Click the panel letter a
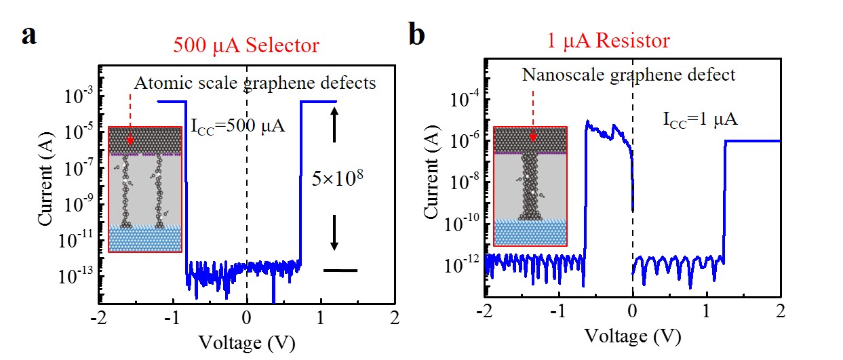pyautogui.click(x=28, y=35)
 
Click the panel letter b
pyautogui.click(x=416, y=35)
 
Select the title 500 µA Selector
pyautogui.click(x=246, y=45)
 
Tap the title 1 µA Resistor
pyautogui.click(x=608, y=41)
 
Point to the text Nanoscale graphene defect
pyautogui.click(x=628, y=75)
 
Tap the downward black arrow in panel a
pyautogui.click(x=334, y=235)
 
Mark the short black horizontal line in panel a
pyautogui.click(x=340, y=271)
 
